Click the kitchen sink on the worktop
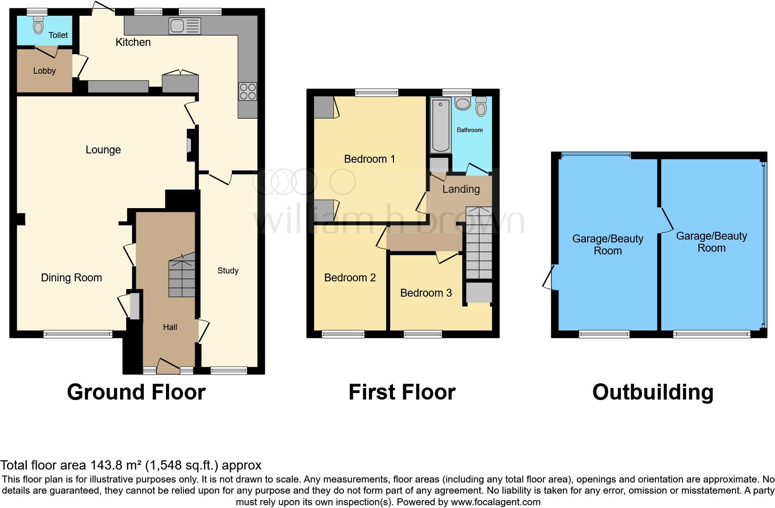point(185,26)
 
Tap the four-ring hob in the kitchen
point(248,91)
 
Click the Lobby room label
point(44,71)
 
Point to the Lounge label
point(103,150)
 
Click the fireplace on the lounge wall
point(190,146)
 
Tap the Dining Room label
point(71,278)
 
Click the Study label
point(228,271)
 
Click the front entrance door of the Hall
point(168,366)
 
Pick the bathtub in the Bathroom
point(440,125)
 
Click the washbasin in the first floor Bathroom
point(463,103)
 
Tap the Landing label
point(461,189)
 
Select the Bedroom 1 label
point(369,159)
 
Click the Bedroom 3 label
point(426,293)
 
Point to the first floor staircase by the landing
point(478,243)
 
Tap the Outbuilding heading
point(653,392)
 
